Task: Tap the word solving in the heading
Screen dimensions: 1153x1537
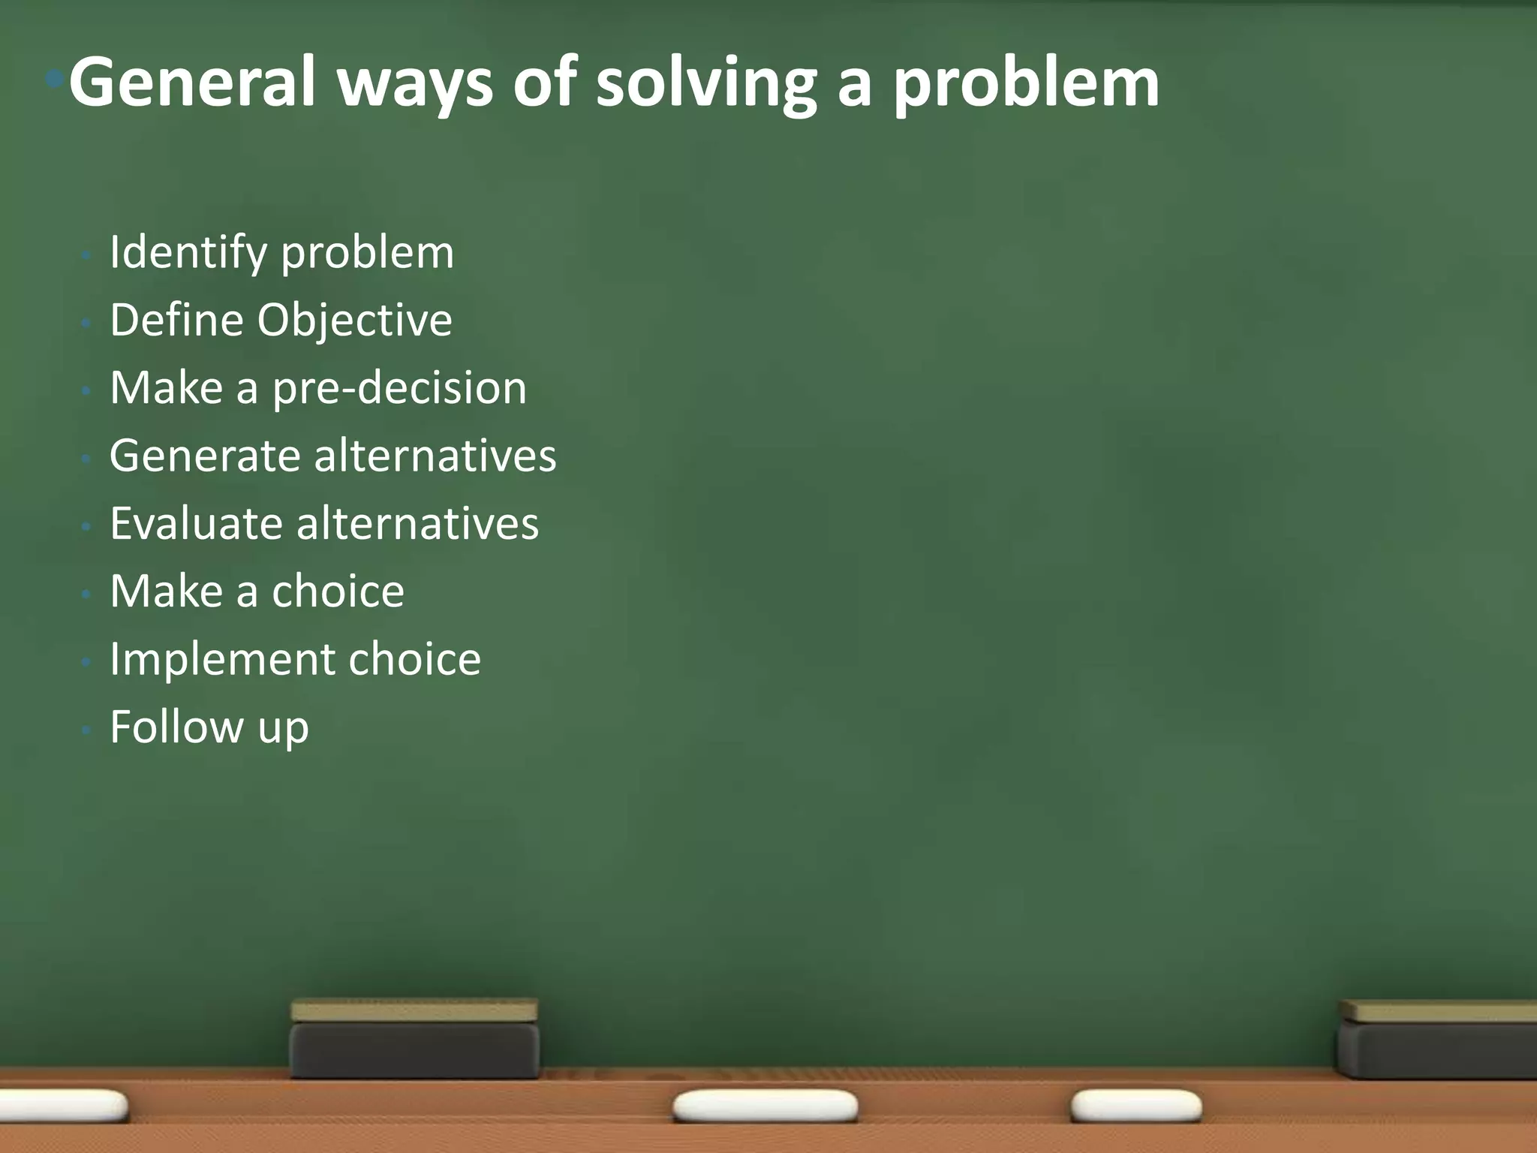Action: tap(705, 84)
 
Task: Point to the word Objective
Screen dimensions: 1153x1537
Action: tap(354, 321)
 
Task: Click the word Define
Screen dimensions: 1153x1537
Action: tap(177, 321)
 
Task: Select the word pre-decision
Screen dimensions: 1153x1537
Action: tap(399, 389)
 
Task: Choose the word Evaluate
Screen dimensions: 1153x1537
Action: tap(196, 523)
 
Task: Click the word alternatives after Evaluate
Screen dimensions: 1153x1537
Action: tap(417, 523)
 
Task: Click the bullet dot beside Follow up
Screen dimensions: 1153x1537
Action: tap(87, 728)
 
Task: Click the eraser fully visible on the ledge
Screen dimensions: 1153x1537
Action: tap(414, 1039)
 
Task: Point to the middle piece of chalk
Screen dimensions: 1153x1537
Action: tap(765, 1106)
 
